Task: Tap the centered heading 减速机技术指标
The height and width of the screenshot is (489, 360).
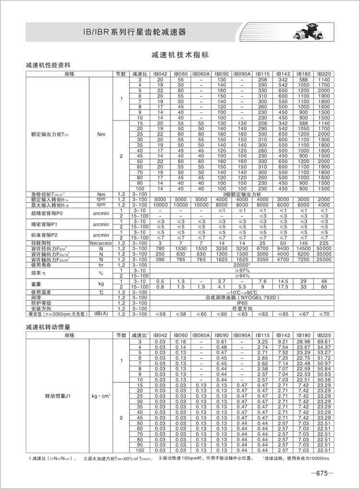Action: pyautogui.click(x=180, y=55)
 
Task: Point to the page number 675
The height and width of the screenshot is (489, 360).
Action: pyautogui.click(x=321, y=473)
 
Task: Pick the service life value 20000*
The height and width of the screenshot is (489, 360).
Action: pyautogui.click(x=241, y=265)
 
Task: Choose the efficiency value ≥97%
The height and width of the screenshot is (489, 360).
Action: pyautogui.click(x=241, y=271)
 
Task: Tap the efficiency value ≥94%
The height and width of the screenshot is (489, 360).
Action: pyautogui.click(x=241, y=276)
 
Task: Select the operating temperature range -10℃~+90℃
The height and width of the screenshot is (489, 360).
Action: pyautogui.click(x=241, y=292)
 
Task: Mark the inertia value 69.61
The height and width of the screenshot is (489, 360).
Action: pyautogui.click(x=324, y=341)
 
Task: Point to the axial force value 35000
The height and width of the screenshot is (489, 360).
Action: pyautogui.click(x=324, y=254)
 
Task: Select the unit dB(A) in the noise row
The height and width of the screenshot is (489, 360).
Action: pyautogui.click(x=101, y=314)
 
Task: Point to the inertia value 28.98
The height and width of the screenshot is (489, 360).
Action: pyautogui.click(x=303, y=341)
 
